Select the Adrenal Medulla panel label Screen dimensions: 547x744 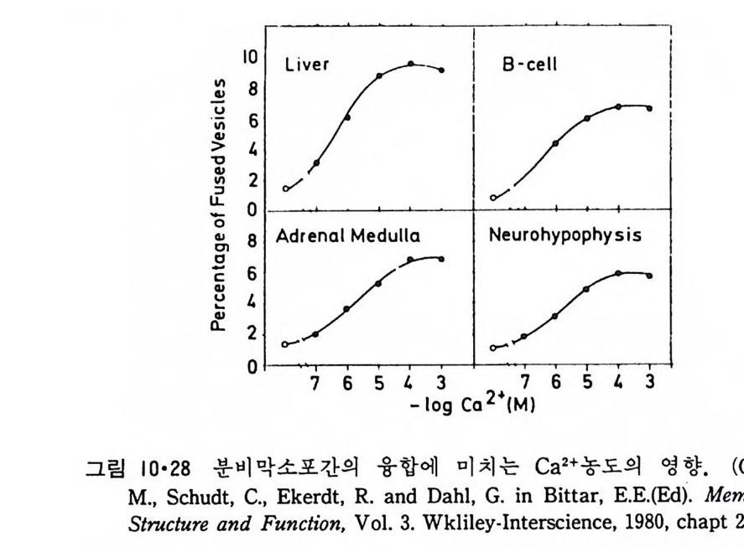(337, 235)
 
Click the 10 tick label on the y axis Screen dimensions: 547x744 (250, 57)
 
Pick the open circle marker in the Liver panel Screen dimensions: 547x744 (285, 188)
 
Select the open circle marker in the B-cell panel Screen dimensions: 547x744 (493, 199)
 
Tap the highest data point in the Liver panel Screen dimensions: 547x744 (411, 64)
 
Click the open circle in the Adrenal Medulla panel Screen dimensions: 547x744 (285, 344)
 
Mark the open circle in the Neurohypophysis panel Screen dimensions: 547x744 (493, 348)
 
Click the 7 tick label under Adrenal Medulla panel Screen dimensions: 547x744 (315, 382)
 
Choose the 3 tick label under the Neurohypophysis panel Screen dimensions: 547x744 (649, 382)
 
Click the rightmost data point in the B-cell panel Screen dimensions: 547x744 (649, 108)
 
